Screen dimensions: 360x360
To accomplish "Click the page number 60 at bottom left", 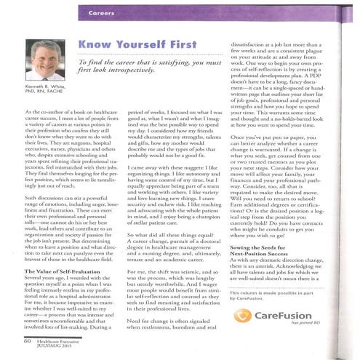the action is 27,338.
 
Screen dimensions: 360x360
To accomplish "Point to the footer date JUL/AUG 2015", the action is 53,345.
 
